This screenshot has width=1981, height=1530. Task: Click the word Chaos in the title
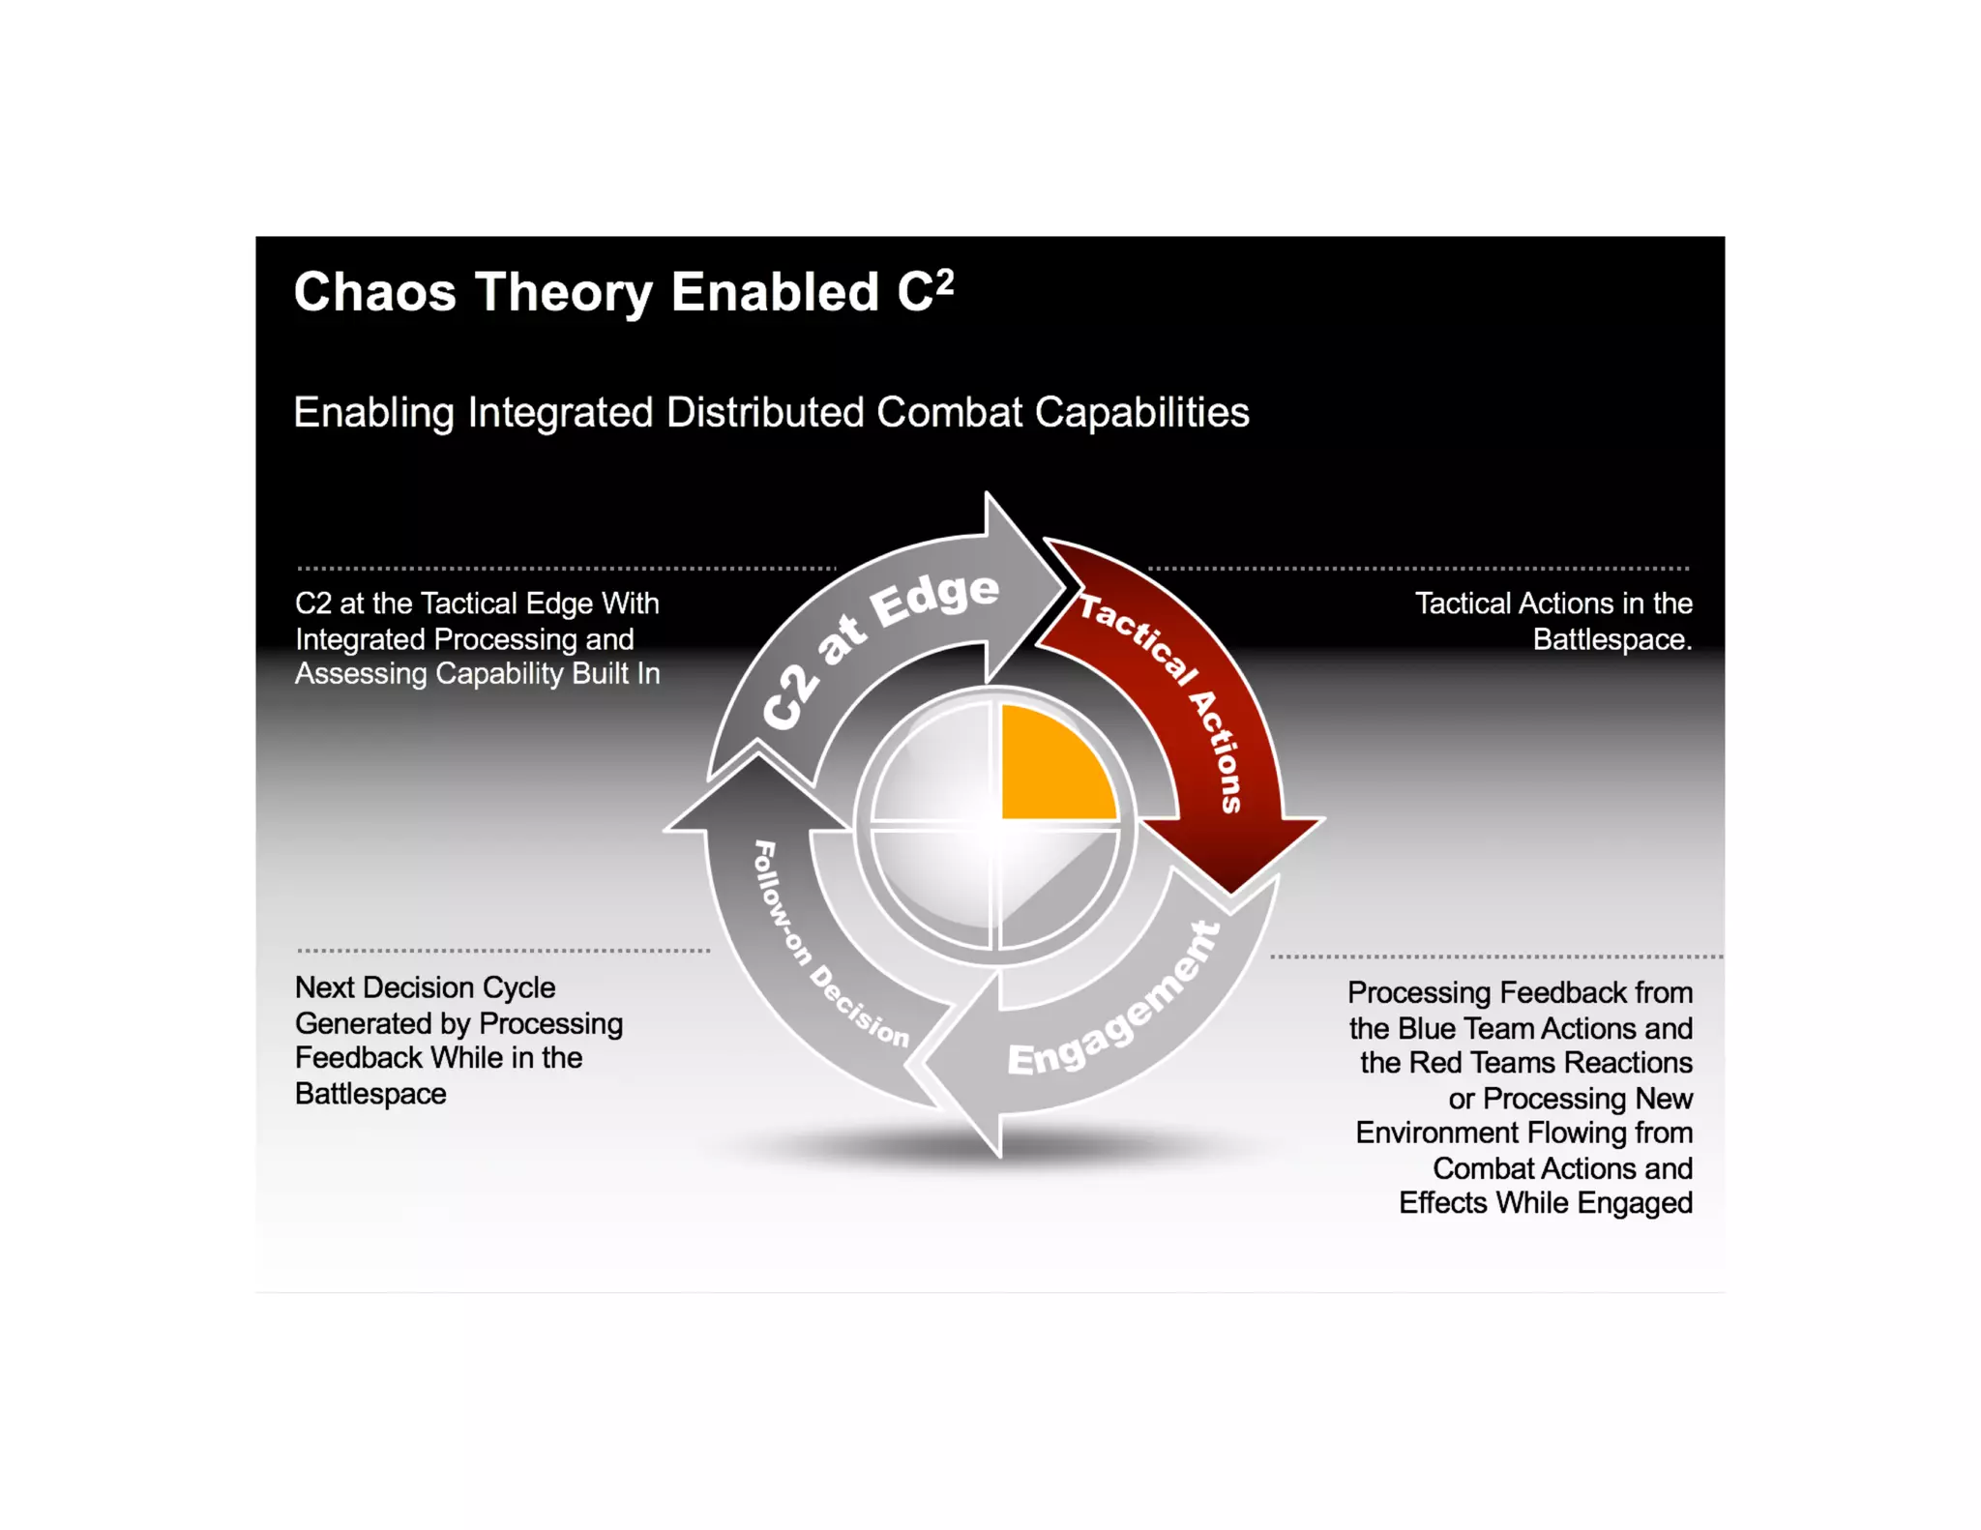(374, 292)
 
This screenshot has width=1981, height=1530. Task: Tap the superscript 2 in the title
(945, 281)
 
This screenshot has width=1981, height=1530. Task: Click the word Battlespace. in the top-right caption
(1611, 639)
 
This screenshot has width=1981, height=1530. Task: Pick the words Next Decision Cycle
(425, 987)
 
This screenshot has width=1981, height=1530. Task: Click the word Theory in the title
(563, 292)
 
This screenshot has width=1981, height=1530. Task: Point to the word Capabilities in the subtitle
(1141, 413)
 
